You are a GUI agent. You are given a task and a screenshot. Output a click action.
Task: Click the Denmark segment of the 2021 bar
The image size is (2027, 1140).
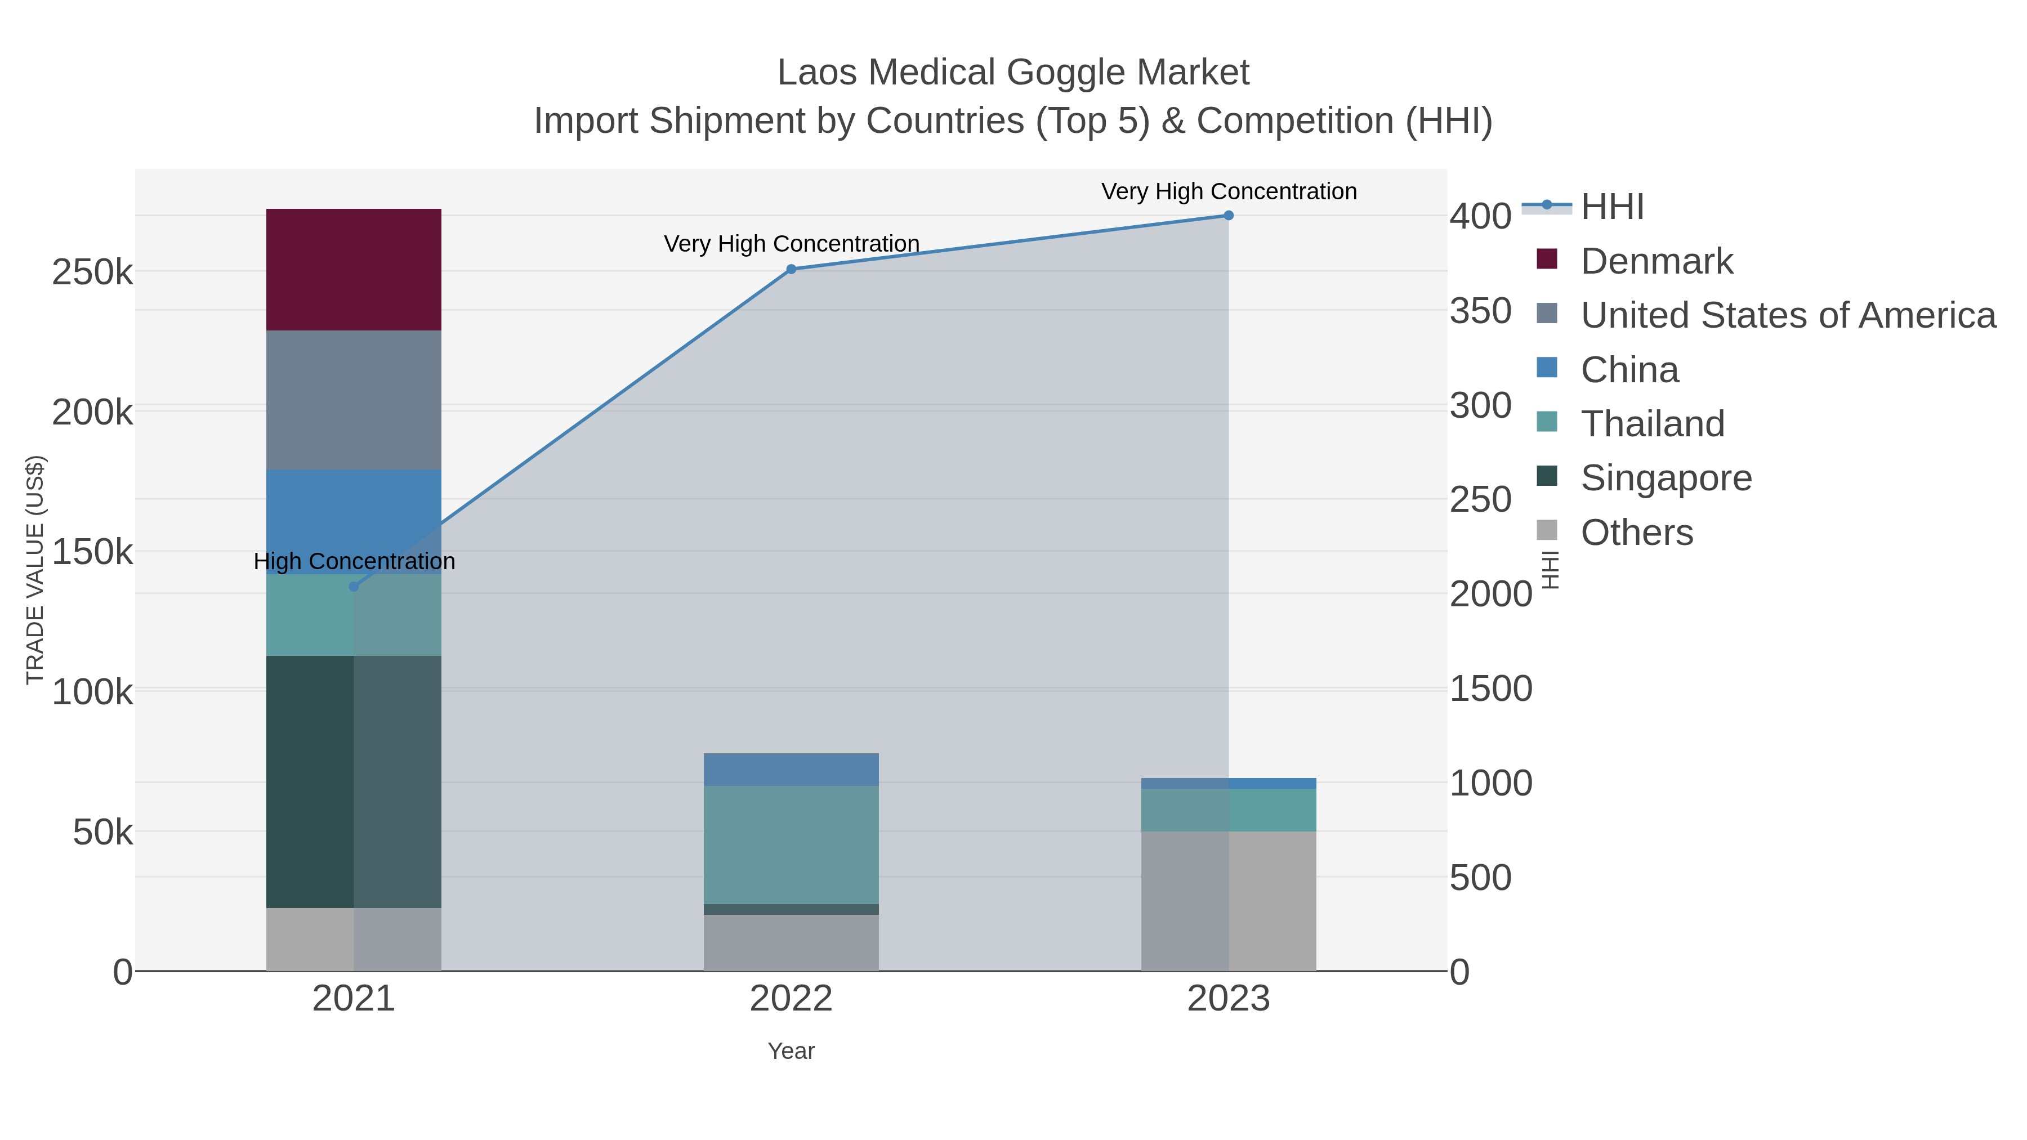[353, 269]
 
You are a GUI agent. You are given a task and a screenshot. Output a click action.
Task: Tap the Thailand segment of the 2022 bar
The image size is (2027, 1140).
[791, 844]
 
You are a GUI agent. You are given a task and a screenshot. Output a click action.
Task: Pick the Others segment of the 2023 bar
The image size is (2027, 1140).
[1229, 901]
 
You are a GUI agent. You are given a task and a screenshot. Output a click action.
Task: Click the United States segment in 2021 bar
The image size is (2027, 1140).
[353, 400]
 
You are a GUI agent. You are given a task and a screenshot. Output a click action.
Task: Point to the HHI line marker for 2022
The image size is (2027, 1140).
[792, 269]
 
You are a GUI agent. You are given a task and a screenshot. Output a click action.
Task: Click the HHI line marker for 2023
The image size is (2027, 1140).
[1229, 216]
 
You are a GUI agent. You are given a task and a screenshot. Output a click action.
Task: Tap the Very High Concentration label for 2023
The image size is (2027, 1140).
[1229, 192]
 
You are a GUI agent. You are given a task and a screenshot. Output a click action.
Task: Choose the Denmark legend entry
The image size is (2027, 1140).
[1655, 261]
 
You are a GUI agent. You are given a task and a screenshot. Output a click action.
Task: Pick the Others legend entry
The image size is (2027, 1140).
[1636, 533]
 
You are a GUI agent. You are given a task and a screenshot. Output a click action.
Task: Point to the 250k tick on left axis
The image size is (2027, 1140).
[92, 273]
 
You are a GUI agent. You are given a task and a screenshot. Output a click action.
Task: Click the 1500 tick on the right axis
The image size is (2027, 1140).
[1490, 689]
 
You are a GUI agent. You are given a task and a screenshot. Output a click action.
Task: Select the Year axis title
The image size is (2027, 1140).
[791, 1051]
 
